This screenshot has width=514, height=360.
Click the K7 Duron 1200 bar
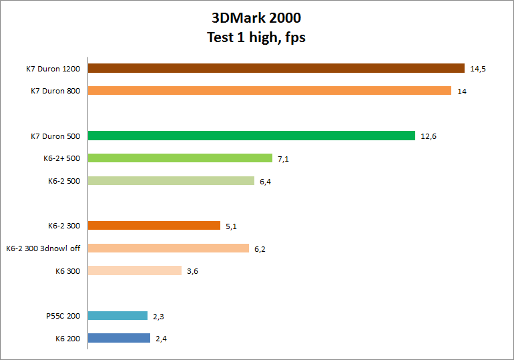(276, 68)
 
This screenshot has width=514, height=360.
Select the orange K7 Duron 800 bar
(269, 91)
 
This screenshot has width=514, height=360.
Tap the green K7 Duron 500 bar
(251, 136)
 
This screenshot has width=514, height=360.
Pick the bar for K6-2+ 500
(180, 158)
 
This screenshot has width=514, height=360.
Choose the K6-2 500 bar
(171, 181)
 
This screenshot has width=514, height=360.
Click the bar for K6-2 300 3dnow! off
(168, 248)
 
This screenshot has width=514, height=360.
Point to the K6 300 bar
(134, 271)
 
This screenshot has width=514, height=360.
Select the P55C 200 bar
(117, 316)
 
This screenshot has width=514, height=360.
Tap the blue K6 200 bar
(119, 339)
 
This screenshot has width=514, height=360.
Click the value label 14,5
(477, 69)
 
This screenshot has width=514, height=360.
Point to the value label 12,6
(428, 137)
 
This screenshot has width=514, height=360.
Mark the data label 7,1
(284, 159)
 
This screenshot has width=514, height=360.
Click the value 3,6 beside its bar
(193, 271)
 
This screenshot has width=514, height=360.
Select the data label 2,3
(159, 317)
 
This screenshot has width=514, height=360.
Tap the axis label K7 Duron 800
(55, 91)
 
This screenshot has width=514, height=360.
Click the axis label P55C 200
(64, 316)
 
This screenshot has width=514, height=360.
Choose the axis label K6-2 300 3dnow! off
(43, 248)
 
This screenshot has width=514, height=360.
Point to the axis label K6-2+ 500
(61, 158)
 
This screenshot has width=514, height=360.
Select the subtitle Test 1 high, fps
(256, 37)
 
